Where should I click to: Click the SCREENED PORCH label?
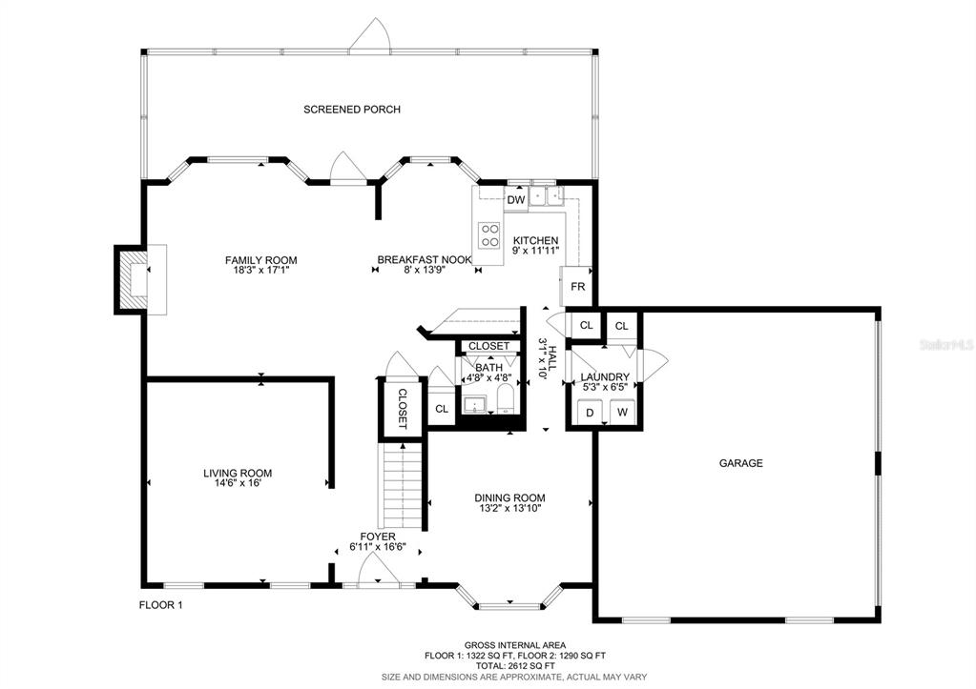click(x=352, y=110)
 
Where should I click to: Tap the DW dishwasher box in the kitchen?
click(x=516, y=199)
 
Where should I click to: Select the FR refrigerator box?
click(x=576, y=286)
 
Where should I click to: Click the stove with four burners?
click(x=489, y=235)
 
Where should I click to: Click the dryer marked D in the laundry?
click(x=590, y=412)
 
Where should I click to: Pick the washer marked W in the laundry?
click(x=622, y=412)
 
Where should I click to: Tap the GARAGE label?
click(x=740, y=463)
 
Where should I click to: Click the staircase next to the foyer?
click(x=403, y=484)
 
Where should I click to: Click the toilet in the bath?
click(x=505, y=398)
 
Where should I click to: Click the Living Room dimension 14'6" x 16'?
click(x=238, y=482)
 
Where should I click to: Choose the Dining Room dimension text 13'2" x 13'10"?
click(x=509, y=508)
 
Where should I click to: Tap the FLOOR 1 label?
click(x=160, y=604)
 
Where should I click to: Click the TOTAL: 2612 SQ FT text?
click(x=515, y=665)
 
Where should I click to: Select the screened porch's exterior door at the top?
click(x=370, y=35)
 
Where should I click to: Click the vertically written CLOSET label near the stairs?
click(x=402, y=409)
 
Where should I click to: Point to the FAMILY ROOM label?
click(x=260, y=260)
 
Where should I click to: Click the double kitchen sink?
click(x=547, y=195)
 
